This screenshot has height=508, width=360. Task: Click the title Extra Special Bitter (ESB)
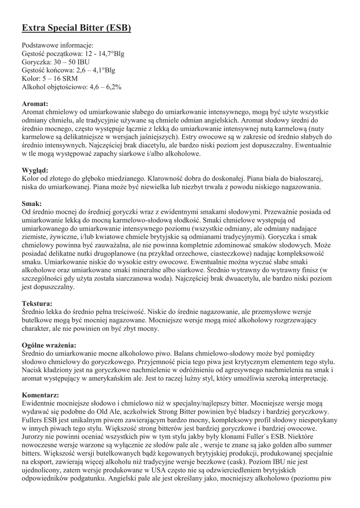pyautogui.click(x=76, y=28)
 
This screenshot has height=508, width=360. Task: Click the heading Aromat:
pyautogui.click(x=35, y=104)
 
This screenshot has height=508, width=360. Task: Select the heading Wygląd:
pyautogui.click(x=35, y=170)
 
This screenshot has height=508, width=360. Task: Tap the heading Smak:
pyautogui.click(x=32, y=203)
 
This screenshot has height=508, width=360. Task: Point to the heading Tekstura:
pyautogui.click(x=37, y=303)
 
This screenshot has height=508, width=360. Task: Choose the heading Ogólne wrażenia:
pyautogui.click(x=49, y=345)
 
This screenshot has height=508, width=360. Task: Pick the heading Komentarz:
pyautogui.click(x=41, y=395)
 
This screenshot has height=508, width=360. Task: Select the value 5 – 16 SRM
pyautogui.click(x=60, y=78)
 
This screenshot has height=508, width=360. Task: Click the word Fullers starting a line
pyautogui.click(x=34, y=420)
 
